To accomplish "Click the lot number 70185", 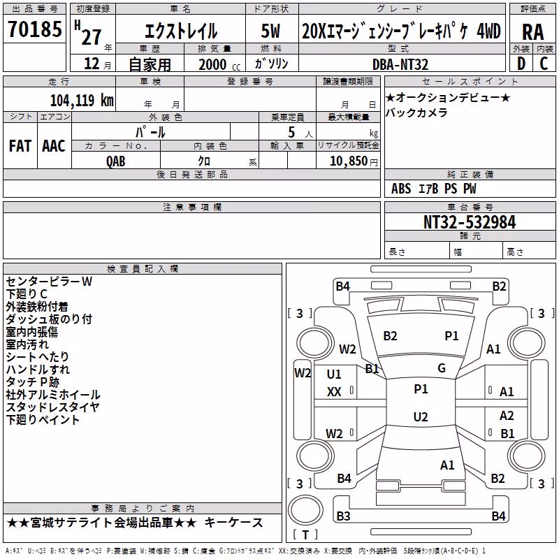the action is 35,29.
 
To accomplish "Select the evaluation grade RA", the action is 533,32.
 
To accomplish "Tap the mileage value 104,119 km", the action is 82,100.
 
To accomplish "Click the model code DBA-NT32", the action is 400,64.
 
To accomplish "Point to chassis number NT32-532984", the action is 470,222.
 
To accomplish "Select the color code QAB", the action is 116,161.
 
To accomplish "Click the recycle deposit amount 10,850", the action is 349,161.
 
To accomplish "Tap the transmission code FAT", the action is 20,146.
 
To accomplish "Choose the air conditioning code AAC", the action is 54,146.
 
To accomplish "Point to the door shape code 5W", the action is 270,31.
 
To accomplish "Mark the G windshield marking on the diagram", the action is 442,368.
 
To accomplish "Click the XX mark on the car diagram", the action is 334,392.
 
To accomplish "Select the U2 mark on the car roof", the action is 421,416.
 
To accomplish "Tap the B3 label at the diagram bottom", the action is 343,516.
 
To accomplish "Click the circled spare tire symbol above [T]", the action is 305,509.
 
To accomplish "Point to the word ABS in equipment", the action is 401,189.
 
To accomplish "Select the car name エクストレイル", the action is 181,31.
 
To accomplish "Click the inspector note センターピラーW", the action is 49,282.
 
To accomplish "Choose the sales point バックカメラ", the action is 416,112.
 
